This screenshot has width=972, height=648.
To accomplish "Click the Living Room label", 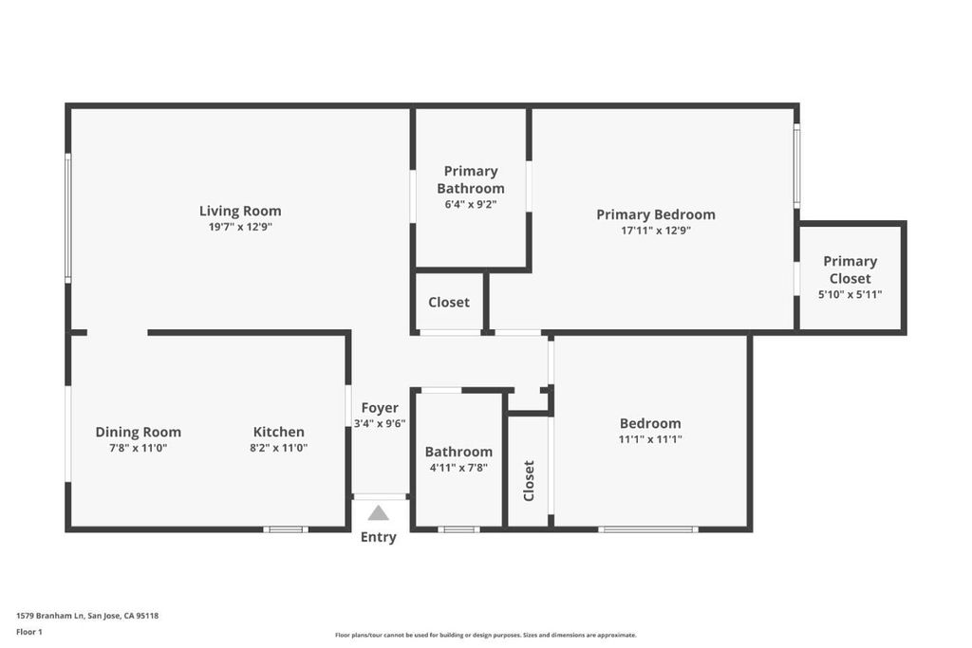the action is [x=240, y=211].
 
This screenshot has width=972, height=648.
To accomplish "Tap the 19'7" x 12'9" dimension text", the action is [x=240, y=227].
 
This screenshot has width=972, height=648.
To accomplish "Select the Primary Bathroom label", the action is [x=471, y=179].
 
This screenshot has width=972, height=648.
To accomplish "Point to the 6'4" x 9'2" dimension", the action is [x=471, y=204].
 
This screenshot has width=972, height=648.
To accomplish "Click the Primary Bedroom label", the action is [x=656, y=214].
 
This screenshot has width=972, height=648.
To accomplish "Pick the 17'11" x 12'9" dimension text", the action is [x=656, y=231].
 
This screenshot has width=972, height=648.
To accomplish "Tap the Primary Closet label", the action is [x=850, y=269].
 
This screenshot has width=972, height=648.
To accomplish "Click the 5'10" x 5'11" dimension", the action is [x=850, y=294].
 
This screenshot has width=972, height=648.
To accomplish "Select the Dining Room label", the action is [x=139, y=432].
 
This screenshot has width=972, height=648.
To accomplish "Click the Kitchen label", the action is [x=279, y=432].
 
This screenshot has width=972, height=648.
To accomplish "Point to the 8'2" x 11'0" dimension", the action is [x=279, y=448].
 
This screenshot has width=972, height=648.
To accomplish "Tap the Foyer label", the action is [x=380, y=408].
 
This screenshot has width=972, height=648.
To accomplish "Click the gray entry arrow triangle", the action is [x=378, y=513].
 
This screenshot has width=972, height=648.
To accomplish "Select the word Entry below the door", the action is [x=378, y=537].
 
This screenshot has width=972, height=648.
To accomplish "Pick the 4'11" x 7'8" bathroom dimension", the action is [x=458, y=468].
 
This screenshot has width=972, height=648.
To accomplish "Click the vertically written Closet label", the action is [x=529, y=481].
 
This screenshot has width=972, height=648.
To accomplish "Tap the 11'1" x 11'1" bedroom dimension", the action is [x=650, y=439].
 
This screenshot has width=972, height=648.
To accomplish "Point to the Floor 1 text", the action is [x=29, y=632].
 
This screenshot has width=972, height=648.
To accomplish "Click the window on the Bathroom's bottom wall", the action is [x=458, y=529].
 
